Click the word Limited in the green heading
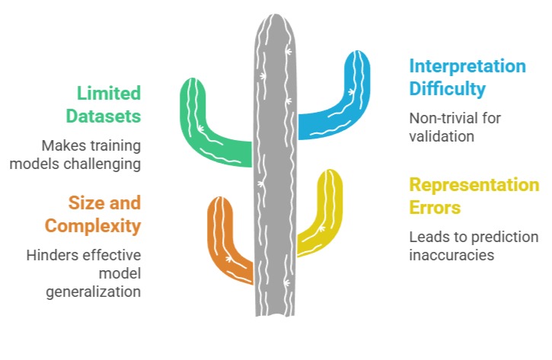pyautogui.click(x=109, y=93)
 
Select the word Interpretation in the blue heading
pyautogui.click(x=467, y=65)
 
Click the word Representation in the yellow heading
pyautogui.click(x=474, y=185)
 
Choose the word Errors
pyautogui.click(x=435, y=208)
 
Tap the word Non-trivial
pyautogui.click(x=439, y=119)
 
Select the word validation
pyautogui.click(x=442, y=137)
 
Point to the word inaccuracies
pyautogui.click(x=451, y=255)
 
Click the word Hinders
pyautogui.click(x=48, y=255)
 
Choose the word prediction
pyautogui.click(x=493, y=237)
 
